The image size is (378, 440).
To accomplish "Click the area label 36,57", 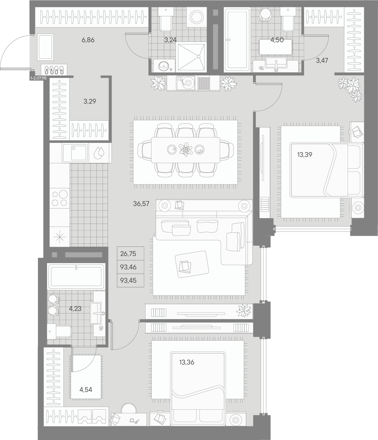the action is [141, 204].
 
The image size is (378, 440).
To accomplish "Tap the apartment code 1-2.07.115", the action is [39, 78].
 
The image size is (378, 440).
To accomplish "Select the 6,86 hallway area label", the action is [88, 40].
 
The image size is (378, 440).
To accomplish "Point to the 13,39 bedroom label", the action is [305, 155].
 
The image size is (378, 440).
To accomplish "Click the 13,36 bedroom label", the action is [187, 362].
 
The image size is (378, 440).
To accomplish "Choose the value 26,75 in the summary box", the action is [128, 254].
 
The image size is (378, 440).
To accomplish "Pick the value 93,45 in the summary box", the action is [128, 280].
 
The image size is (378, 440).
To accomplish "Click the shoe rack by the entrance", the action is [54, 70].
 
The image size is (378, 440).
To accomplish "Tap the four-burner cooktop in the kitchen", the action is [60, 198].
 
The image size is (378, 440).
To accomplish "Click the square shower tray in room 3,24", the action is [191, 57].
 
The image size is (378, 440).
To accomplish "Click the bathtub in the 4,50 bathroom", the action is [237, 40].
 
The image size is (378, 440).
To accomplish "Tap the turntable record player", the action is [185, 83].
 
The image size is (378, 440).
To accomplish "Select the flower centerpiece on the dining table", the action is [186, 150].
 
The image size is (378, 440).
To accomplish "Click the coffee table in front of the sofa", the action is [192, 264].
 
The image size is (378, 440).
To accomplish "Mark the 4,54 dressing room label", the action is [86, 390].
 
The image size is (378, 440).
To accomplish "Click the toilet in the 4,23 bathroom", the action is [59, 331].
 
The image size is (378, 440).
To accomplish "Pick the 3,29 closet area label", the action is [90, 101].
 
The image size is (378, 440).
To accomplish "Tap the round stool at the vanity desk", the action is [129, 408].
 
